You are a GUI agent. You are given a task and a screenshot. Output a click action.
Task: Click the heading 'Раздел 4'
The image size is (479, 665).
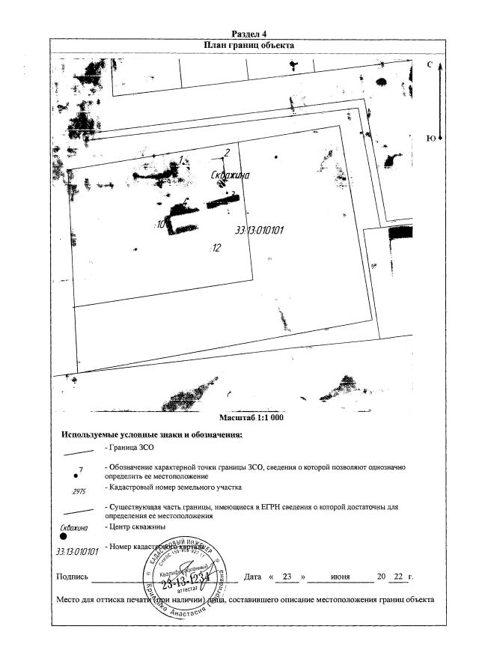[249, 34]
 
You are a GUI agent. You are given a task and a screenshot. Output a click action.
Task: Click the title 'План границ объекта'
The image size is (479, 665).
[249, 45]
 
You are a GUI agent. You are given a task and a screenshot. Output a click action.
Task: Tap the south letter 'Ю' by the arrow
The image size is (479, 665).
[430, 138]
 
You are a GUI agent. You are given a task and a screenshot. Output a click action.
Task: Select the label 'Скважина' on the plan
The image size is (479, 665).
[230, 176]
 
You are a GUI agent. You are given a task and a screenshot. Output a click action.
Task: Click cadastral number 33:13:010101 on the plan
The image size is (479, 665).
[259, 231]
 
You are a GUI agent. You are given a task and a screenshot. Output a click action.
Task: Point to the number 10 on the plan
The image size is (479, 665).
[161, 224]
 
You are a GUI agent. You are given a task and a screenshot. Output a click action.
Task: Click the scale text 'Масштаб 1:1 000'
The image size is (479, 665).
[251, 417]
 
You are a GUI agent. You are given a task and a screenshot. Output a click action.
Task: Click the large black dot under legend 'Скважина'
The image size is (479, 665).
[64, 537]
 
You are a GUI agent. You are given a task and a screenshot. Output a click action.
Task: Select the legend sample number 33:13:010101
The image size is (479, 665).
[78, 551]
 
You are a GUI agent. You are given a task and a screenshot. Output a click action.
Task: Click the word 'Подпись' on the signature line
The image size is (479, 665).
[73, 577]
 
